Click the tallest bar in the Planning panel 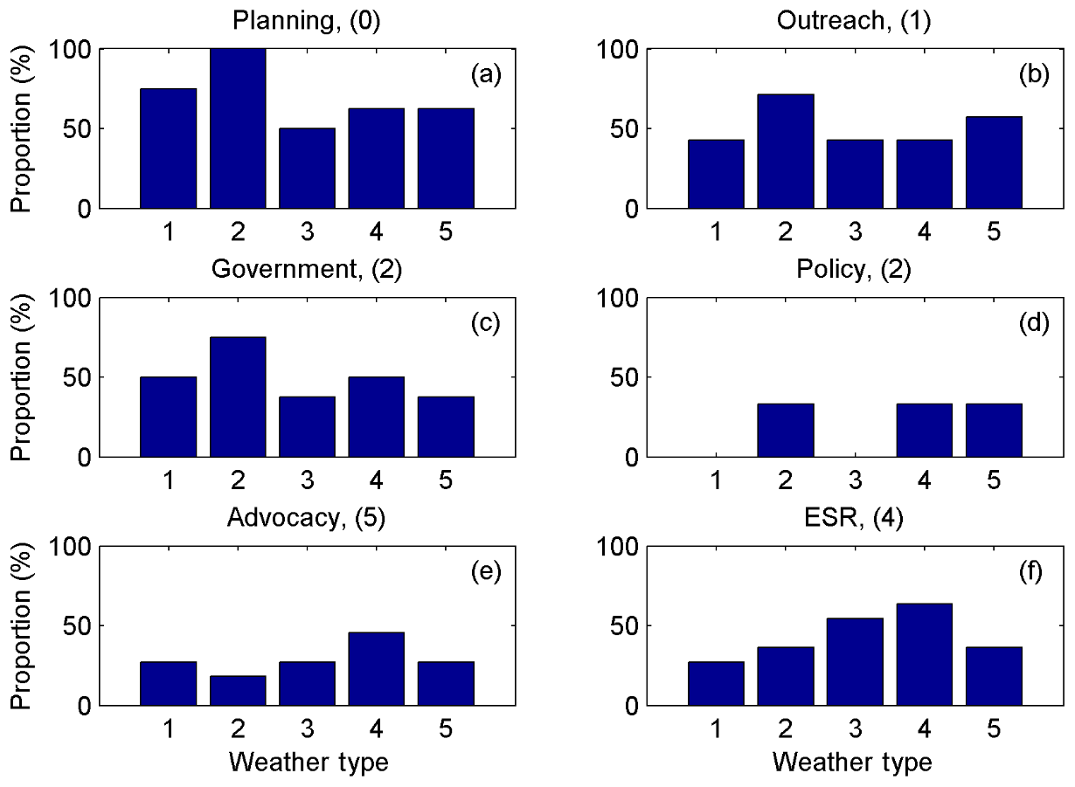[237, 128]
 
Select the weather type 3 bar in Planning [307, 169]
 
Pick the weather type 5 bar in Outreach [994, 162]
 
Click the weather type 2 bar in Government [237, 397]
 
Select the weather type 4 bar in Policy [924, 430]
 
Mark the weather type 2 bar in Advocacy [237, 690]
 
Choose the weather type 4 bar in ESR [924, 654]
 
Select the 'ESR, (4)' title [855, 518]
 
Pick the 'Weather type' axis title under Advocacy [308, 763]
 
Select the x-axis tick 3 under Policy [855, 481]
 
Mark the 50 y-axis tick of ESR [629, 626]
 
